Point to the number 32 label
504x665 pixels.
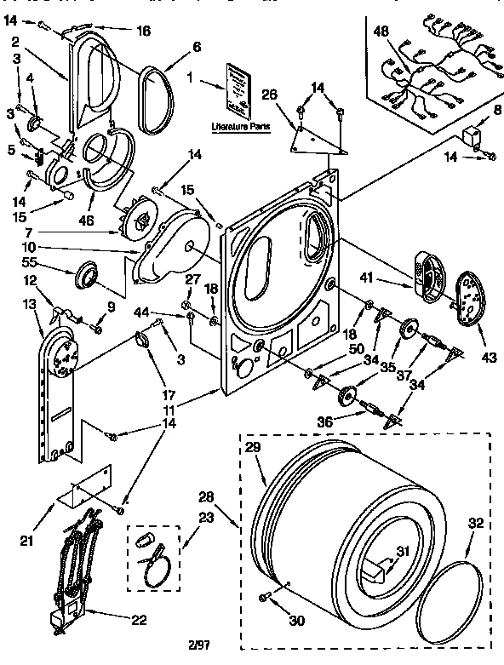tap(476, 525)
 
